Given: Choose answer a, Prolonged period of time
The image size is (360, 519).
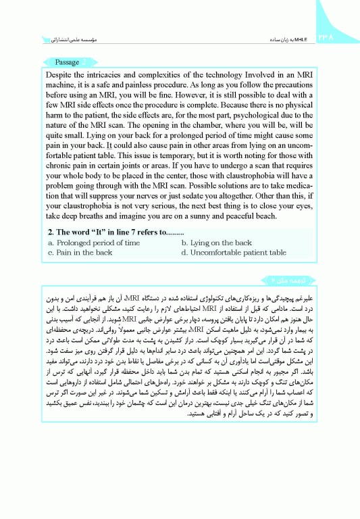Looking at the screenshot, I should pos(94,243).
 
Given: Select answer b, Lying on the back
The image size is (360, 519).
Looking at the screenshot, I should pos(217,243).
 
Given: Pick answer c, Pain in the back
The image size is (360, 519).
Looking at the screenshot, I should pos(80,252).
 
